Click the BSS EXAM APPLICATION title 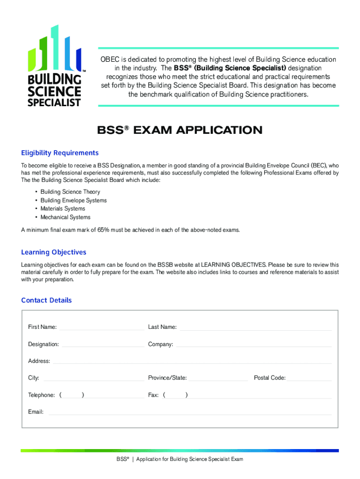[180, 130]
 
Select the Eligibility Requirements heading [60, 153]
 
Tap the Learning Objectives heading [54, 252]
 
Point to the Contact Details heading [47, 300]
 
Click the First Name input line [101, 328]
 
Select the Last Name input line [256, 328]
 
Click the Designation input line [103, 345]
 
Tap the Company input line [254, 345]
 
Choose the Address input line [192, 362]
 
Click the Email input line [190, 413]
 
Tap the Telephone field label [41, 395]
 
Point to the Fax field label [153, 395]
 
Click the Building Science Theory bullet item [70, 192]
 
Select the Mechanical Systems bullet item [65, 217]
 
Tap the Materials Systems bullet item [63, 209]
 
